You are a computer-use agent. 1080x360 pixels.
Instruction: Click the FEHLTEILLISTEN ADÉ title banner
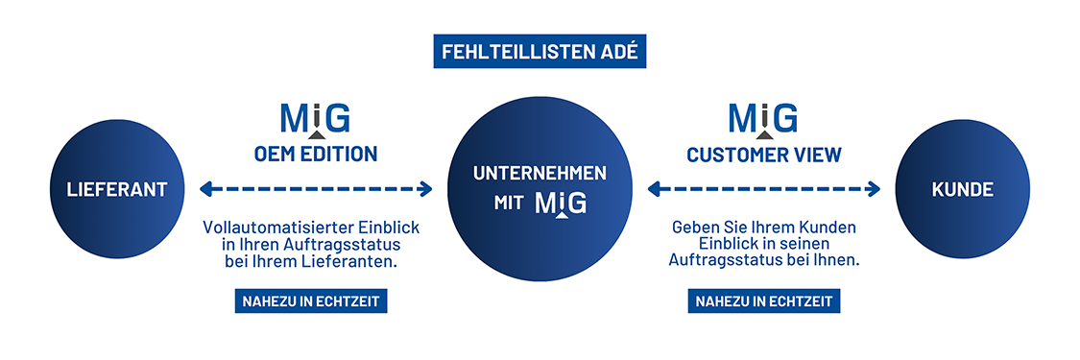tap(540, 52)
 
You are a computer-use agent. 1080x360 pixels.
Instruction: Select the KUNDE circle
tap(962, 189)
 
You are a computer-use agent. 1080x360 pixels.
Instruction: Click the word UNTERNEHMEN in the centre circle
tap(540, 173)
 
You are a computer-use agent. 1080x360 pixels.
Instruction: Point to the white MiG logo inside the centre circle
tap(562, 204)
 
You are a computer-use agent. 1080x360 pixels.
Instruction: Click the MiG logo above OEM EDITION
tap(315, 120)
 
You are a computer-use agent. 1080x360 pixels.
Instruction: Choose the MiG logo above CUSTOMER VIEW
tap(764, 120)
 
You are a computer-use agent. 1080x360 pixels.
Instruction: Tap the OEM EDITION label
tap(315, 154)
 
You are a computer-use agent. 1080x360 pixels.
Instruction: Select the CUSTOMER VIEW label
tap(764, 154)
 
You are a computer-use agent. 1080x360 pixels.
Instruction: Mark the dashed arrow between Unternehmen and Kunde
tap(764, 189)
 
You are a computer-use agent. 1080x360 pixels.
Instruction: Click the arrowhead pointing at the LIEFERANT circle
tap(204, 189)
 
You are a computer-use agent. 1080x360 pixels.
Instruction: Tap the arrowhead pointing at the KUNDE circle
tap(874, 189)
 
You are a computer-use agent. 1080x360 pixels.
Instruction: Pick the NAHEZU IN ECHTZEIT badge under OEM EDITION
tap(311, 301)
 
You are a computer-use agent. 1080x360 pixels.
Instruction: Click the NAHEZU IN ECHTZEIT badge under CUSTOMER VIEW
tap(764, 301)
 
